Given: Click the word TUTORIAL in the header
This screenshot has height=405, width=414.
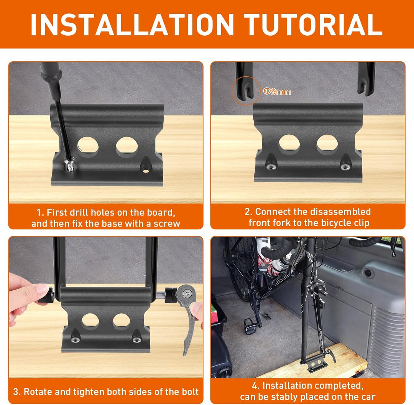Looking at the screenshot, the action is click(x=313, y=24).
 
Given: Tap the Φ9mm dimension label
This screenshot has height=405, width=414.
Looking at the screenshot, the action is click(x=277, y=91).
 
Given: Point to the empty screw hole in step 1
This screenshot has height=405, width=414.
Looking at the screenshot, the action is click(x=146, y=171).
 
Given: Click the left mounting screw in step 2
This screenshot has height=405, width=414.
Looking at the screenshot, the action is click(x=271, y=166).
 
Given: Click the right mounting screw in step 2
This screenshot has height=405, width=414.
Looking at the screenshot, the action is click(x=345, y=167).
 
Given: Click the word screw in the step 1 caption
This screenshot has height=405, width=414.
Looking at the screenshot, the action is click(x=167, y=224).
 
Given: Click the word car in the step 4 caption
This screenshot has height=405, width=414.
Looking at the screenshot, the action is click(x=368, y=397).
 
